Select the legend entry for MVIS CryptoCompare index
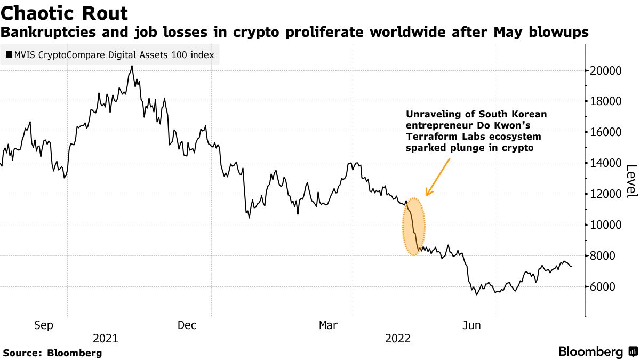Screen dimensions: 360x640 click(x=110, y=54)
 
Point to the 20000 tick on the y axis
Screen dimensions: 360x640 click(x=606, y=70)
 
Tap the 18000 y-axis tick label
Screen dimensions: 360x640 click(x=606, y=101)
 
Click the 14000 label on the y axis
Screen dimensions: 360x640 click(x=606, y=163)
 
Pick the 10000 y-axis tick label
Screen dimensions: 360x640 click(x=606, y=225)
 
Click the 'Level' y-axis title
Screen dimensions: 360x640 click(x=630, y=181)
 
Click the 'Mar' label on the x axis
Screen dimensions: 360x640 click(x=329, y=325)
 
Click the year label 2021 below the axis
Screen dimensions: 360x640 click(x=106, y=339)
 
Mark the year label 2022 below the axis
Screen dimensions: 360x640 click(x=398, y=339)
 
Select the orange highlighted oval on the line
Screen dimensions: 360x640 click(x=414, y=227)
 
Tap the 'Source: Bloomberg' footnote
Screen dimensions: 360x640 click(x=52, y=353)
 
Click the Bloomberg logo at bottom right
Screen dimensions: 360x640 click(x=597, y=352)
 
